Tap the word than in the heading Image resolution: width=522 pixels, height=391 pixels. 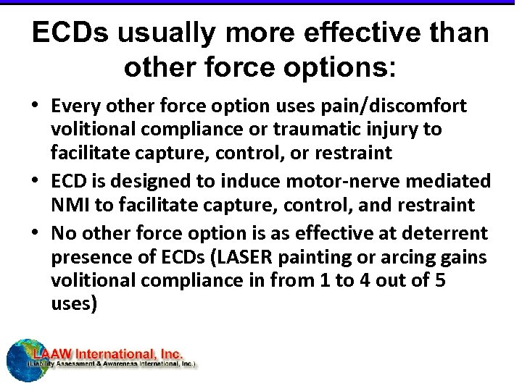click(x=456, y=33)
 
